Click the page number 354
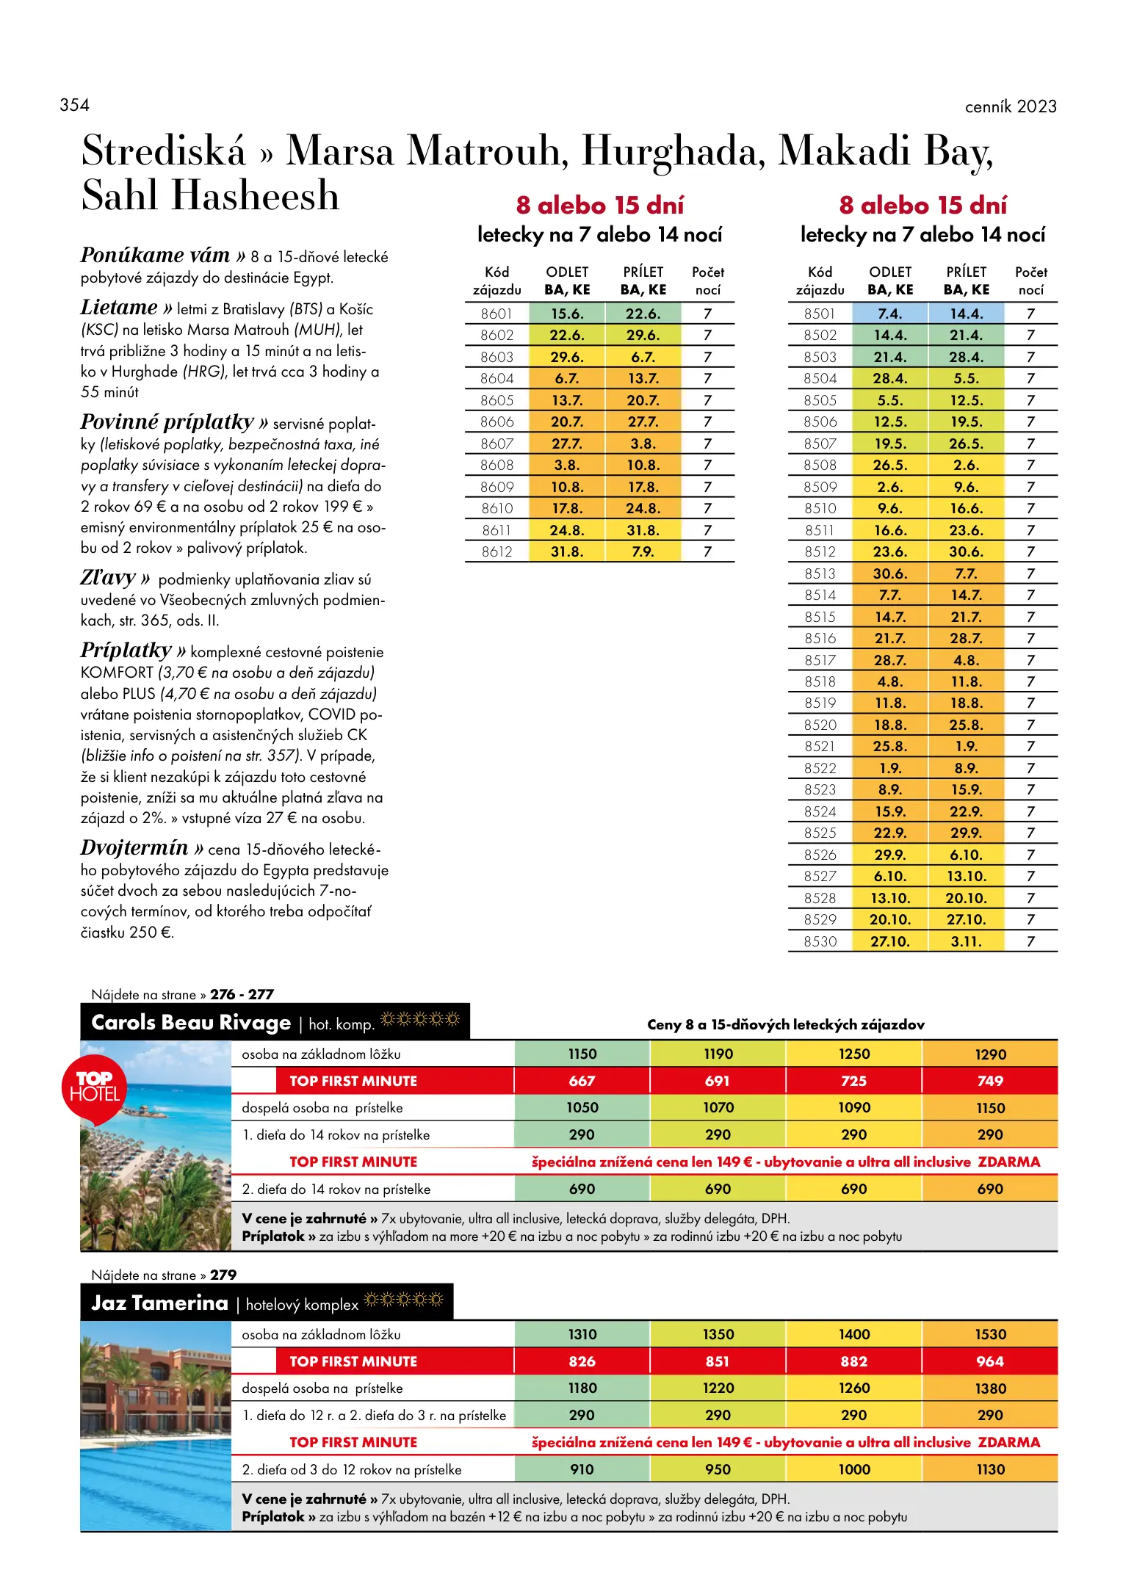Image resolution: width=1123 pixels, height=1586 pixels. click(74, 105)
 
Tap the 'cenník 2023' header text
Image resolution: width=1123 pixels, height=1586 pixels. click(1010, 106)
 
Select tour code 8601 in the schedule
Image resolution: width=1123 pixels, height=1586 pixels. click(496, 314)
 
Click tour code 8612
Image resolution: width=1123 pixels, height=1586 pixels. click(496, 551)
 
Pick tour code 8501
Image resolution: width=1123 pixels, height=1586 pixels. click(820, 314)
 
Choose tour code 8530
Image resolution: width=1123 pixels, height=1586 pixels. click(820, 941)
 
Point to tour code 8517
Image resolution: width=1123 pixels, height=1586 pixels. click(820, 660)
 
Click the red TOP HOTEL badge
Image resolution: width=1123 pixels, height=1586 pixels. click(94, 1087)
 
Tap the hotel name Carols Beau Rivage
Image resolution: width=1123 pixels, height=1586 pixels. click(191, 1023)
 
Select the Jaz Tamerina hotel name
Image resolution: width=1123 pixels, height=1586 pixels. click(159, 1303)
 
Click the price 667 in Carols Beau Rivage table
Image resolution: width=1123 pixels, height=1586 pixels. click(582, 1081)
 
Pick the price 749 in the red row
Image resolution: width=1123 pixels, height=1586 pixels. click(990, 1081)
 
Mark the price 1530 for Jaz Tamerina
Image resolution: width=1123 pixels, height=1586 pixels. click(990, 1334)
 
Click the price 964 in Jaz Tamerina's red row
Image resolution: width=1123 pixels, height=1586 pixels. click(990, 1361)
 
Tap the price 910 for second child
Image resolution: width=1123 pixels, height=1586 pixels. click(582, 1469)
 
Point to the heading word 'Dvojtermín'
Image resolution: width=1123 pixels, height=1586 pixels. click(134, 848)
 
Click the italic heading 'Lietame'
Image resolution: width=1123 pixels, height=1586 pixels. click(119, 308)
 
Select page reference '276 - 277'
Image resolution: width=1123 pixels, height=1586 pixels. click(242, 995)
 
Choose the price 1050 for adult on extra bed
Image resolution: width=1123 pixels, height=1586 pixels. click(582, 1107)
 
